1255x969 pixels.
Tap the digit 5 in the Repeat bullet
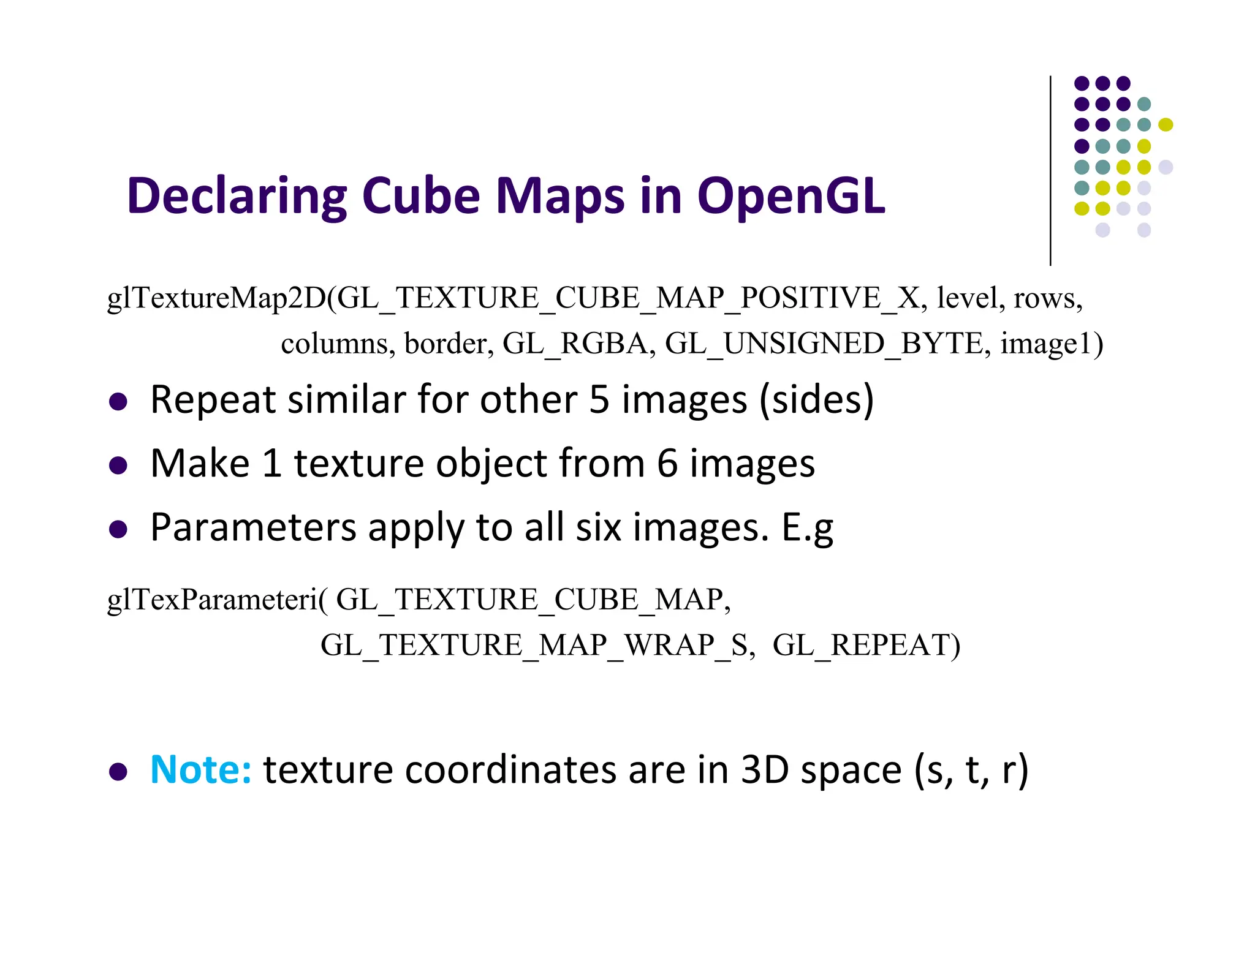coord(599,400)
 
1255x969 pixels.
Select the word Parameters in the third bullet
coord(253,527)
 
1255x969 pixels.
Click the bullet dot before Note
coord(118,772)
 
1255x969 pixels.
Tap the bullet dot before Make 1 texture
coord(118,466)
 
